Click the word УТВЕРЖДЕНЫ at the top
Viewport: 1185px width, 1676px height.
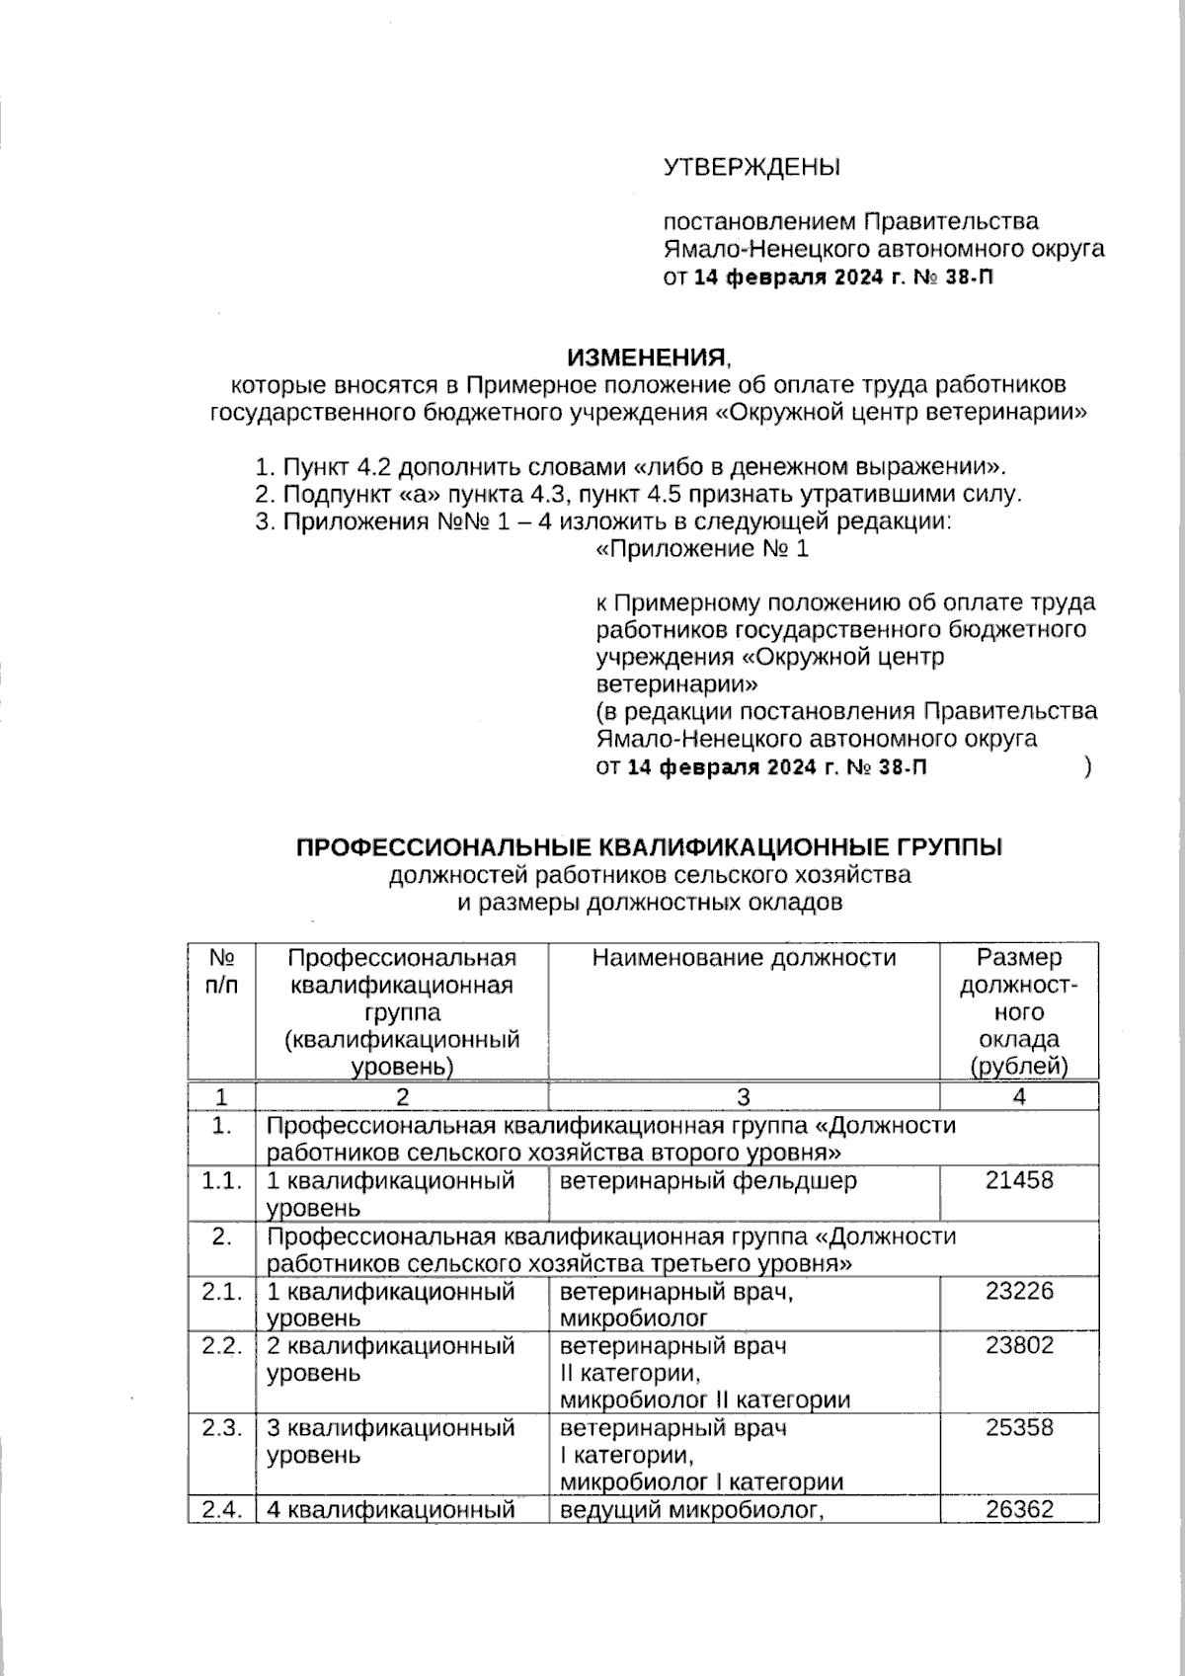tap(750, 167)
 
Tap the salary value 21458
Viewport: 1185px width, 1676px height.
tap(1019, 1180)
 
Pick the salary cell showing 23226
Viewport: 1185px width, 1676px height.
tap(1019, 1291)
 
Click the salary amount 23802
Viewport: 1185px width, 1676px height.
tap(1019, 1345)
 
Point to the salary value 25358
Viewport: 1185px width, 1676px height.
tap(1019, 1427)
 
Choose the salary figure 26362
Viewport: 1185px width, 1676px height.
tap(1019, 1509)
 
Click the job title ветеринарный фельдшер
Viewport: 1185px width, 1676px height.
tap(708, 1180)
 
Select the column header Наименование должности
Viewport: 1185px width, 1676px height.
tap(744, 957)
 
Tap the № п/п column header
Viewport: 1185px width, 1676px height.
tap(222, 971)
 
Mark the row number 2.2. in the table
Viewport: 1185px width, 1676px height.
tap(222, 1345)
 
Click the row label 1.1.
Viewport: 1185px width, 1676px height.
tap(222, 1180)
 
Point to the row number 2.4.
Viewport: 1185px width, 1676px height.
tap(222, 1509)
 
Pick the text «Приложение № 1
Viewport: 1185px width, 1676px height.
tap(702, 549)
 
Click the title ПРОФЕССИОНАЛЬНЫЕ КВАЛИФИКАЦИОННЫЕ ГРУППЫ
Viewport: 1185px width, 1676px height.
tap(650, 847)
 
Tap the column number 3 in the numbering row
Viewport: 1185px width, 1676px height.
tap(744, 1096)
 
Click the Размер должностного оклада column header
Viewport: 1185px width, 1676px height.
tap(1019, 1011)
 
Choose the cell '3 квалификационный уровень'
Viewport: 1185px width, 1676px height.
tap(391, 1441)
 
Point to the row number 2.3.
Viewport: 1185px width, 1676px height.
tap(222, 1427)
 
